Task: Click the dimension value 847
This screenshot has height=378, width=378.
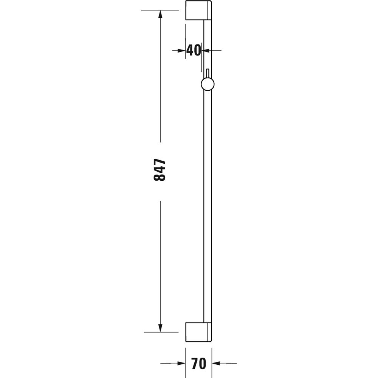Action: tap(160, 170)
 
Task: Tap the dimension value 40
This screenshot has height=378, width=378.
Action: tap(194, 50)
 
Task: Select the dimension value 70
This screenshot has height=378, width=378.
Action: tap(198, 364)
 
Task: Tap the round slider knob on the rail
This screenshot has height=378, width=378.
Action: tap(208, 84)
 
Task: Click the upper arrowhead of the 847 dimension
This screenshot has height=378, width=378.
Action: tap(160, 14)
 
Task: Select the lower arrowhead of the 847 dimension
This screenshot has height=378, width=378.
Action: tap(160, 328)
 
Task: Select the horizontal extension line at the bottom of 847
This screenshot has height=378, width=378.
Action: tap(161, 332)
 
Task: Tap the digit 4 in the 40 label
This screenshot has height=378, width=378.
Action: tap(190, 50)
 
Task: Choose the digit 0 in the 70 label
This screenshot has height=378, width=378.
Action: tap(202, 364)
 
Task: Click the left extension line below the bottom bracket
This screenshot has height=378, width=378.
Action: tap(185, 355)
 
